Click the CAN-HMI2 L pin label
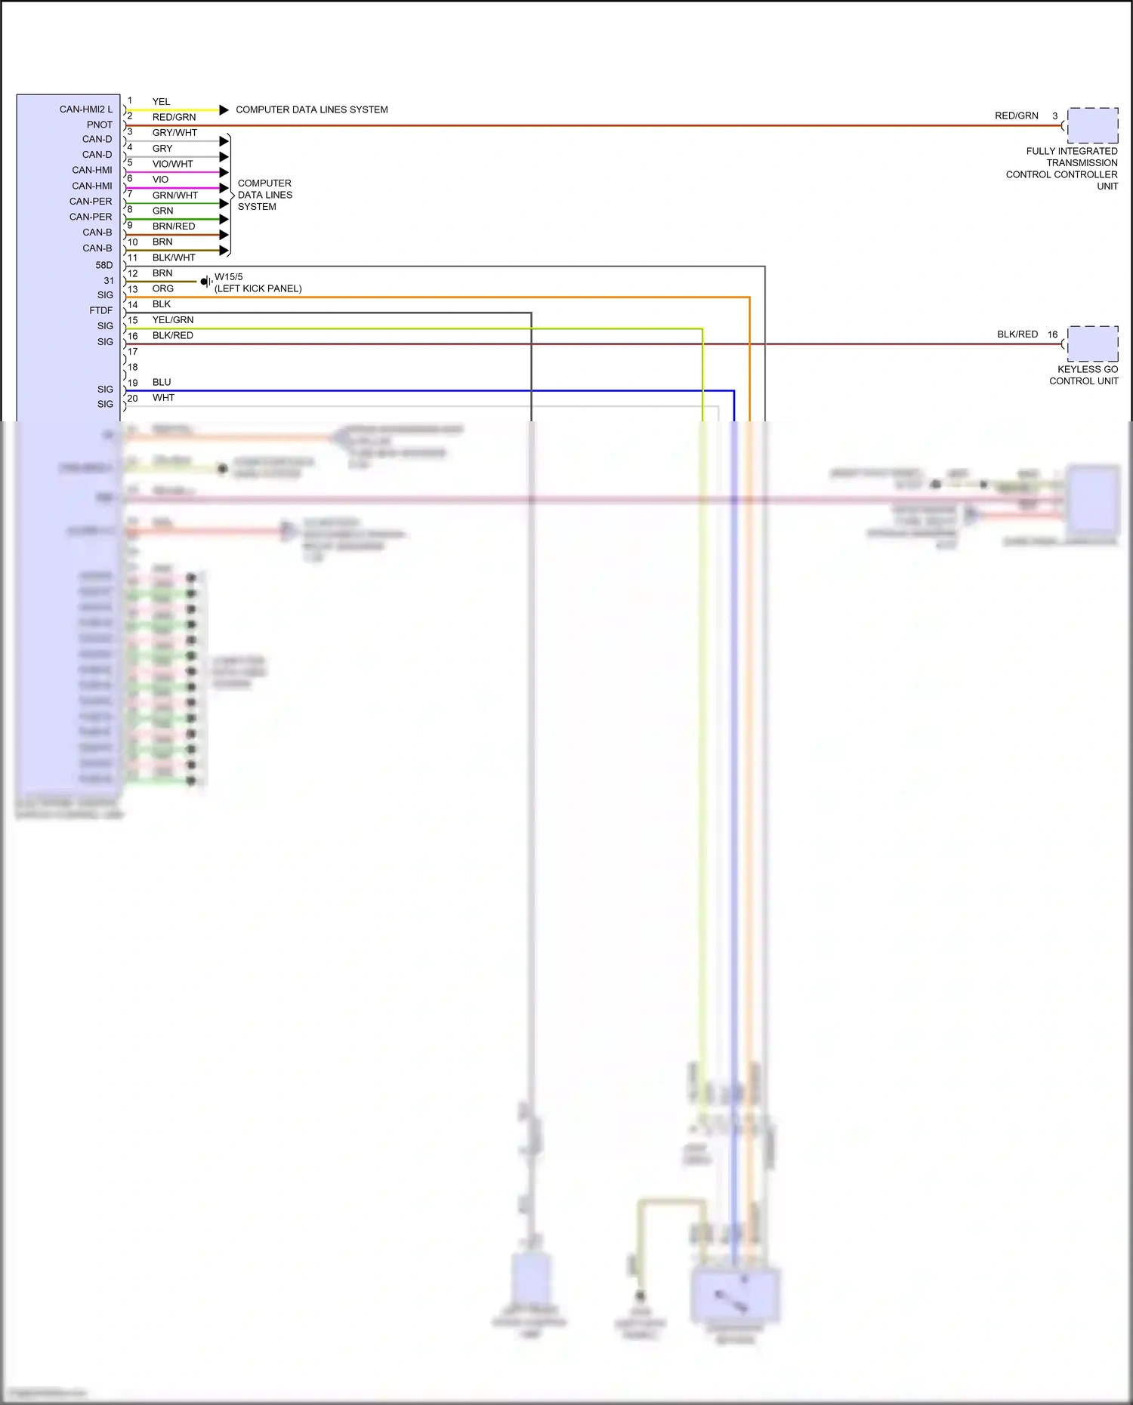tap(85, 109)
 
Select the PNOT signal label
tap(99, 125)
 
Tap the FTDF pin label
tap(100, 310)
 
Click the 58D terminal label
tap(103, 265)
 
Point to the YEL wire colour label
tap(161, 102)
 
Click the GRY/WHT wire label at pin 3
tap(174, 133)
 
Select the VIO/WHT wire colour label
tap(172, 164)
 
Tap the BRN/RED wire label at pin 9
tap(173, 226)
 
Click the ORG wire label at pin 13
tap(162, 288)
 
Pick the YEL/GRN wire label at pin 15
tap(172, 320)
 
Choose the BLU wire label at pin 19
tap(161, 382)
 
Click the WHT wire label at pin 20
tap(163, 398)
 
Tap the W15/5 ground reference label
tap(228, 277)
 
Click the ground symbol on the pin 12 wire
tap(205, 282)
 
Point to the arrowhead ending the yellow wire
tap(224, 110)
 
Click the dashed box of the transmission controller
tap(1092, 125)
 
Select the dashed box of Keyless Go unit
tap(1092, 344)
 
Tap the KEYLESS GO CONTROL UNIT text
tap(1084, 375)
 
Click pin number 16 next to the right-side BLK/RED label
tap(1052, 334)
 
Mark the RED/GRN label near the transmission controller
tap(1016, 116)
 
